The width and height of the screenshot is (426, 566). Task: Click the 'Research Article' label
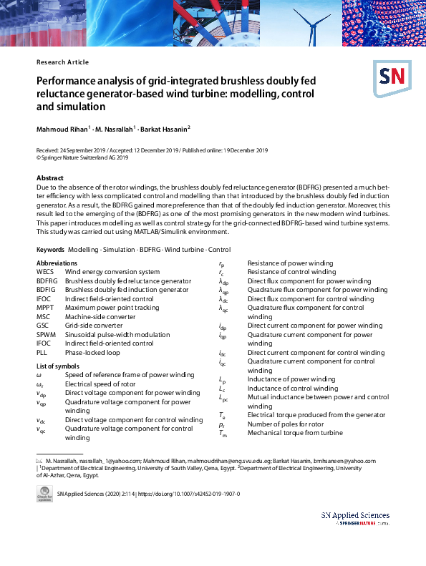(62, 62)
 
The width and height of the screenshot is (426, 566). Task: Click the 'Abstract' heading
(51, 177)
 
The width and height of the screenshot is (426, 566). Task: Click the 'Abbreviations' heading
(57, 263)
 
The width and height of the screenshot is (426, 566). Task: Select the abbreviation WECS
(45, 272)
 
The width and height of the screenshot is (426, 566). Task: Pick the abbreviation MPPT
(45, 306)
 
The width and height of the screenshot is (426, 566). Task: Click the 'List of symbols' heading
(61, 366)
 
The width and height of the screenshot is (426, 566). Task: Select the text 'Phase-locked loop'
(93, 352)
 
